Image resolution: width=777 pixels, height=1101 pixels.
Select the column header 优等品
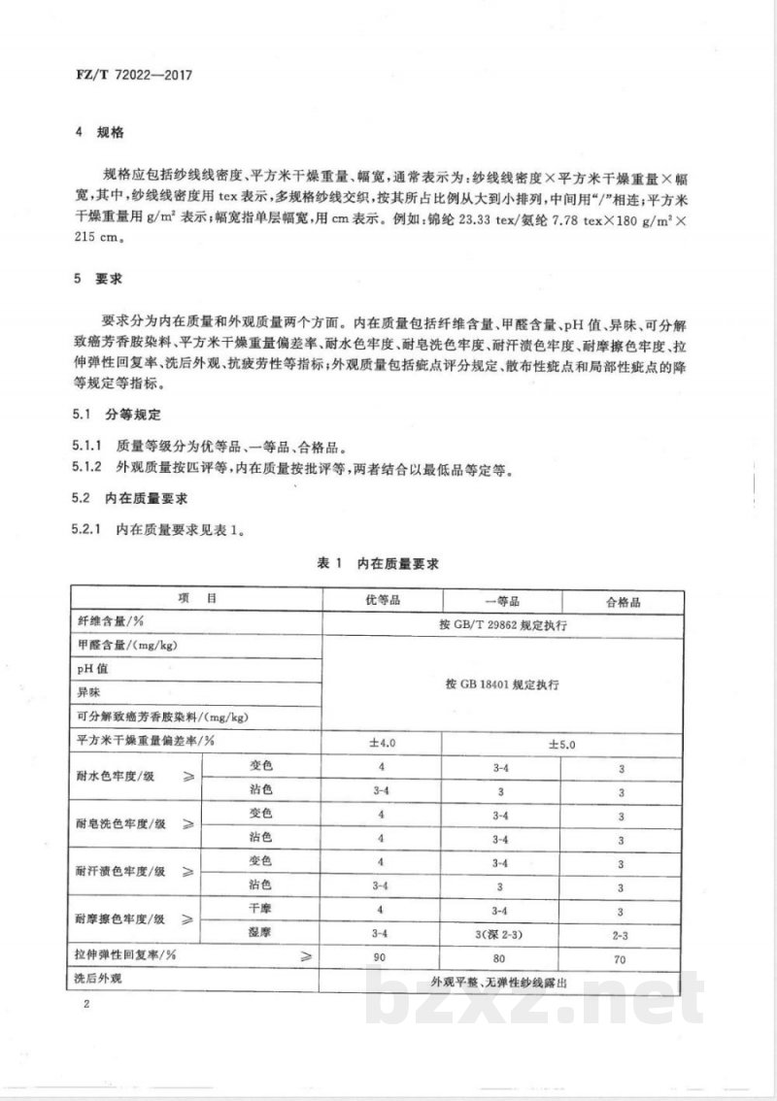tap(381, 602)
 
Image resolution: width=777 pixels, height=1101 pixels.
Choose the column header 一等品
tap(502, 602)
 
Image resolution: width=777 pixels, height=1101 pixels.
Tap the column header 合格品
tap(623, 602)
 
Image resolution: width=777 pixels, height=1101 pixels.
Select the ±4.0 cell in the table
tap(381, 742)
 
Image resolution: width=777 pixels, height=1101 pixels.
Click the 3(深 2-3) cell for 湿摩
tap(502, 931)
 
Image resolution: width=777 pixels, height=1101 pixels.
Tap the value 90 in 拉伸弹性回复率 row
tap(381, 955)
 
